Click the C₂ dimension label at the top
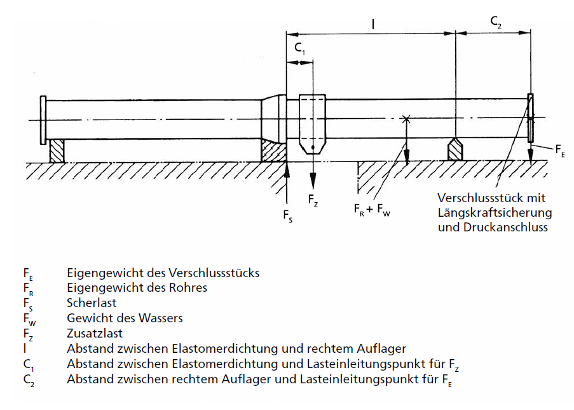click(x=496, y=22)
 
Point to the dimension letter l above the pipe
click(x=373, y=24)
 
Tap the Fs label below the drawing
click(x=288, y=215)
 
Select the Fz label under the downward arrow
click(x=313, y=200)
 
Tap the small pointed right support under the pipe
click(x=455, y=150)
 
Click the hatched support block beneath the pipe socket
click(x=273, y=151)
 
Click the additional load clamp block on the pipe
click(x=313, y=124)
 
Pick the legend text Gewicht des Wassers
click(x=125, y=318)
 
